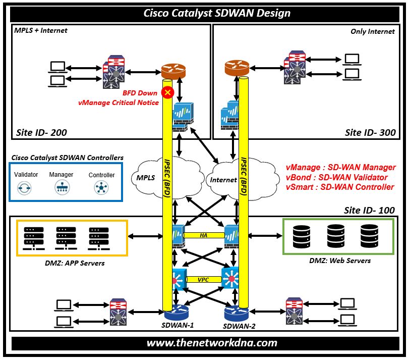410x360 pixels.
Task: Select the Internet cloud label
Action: [223, 180]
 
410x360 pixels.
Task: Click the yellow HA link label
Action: [203, 235]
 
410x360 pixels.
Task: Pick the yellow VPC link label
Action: [204, 279]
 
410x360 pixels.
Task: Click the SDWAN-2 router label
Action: [241, 326]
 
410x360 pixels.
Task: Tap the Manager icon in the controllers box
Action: [62, 188]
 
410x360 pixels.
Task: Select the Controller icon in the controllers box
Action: [101, 188]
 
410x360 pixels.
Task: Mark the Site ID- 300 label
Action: [370, 133]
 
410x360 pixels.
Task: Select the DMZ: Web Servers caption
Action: [340, 261]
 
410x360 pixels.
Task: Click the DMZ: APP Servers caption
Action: [72, 263]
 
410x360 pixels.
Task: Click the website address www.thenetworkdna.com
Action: [212, 343]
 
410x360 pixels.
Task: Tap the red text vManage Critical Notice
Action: [118, 102]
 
